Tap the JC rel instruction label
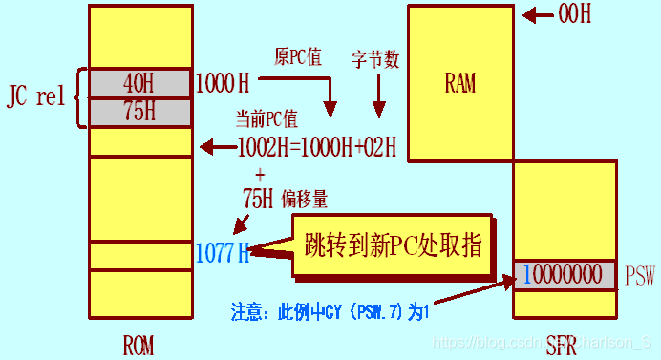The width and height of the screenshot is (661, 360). pos(37,95)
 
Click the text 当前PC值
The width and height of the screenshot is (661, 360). pos(268,120)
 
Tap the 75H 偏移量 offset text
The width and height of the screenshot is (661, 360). pos(286,199)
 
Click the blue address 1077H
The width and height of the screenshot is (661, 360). pos(223,253)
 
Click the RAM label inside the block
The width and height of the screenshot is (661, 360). pos(459,83)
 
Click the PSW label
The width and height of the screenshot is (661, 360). pos(641,277)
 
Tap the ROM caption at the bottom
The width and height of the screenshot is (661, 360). pos(139,343)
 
